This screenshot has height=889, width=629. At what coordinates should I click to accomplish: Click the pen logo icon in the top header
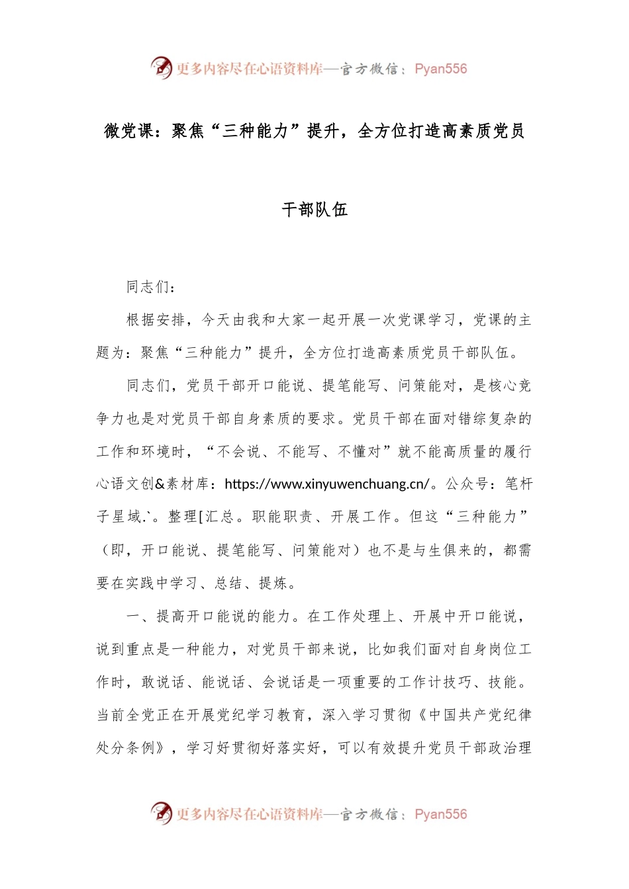click(x=161, y=67)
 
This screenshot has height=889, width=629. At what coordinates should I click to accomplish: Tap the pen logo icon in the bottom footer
click(x=161, y=813)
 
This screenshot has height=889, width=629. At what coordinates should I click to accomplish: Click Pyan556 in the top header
click(x=441, y=69)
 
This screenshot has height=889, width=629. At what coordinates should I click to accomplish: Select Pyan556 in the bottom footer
click(x=441, y=814)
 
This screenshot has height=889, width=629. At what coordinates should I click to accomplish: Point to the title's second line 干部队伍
click(x=314, y=210)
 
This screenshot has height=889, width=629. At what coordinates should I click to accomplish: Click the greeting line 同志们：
click(x=151, y=287)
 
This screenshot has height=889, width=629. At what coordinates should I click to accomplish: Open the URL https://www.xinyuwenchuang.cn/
click(x=328, y=484)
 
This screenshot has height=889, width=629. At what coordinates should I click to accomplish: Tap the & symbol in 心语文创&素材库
click(x=160, y=484)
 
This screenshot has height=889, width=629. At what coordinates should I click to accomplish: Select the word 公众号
click(x=467, y=484)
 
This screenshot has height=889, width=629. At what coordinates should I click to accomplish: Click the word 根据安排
click(x=156, y=320)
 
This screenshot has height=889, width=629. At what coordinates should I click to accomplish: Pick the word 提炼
click(x=273, y=583)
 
